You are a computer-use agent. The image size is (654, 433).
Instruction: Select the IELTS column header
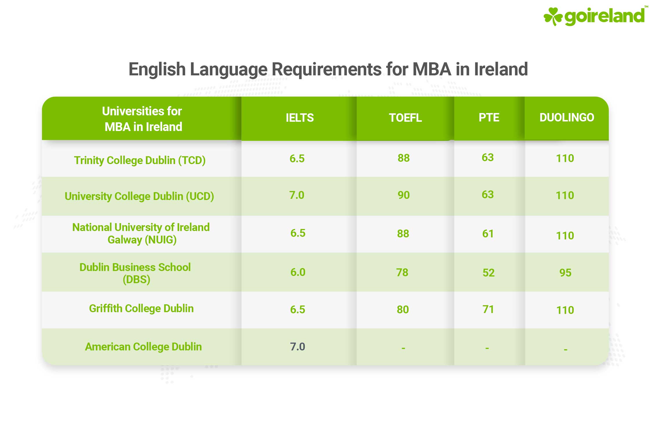(x=300, y=118)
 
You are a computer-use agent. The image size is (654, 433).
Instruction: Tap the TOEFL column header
(x=405, y=118)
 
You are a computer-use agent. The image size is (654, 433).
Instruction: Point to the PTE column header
(x=489, y=117)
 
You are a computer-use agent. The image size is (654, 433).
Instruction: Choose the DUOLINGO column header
(x=566, y=117)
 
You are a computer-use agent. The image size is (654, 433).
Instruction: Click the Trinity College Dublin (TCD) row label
(x=140, y=160)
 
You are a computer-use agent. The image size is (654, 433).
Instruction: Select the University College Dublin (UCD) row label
(x=139, y=196)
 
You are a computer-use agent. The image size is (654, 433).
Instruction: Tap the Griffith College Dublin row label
(x=141, y=308)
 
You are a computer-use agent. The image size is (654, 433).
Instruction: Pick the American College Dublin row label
(x=143, y=347)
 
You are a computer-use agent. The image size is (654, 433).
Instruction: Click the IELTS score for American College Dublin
(x=298, y=347)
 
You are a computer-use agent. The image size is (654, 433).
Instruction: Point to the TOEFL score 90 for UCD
(x=403, y=195)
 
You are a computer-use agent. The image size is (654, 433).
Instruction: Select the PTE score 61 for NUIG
(x=488, y=234)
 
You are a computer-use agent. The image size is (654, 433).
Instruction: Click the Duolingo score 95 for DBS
(x=565, y=273)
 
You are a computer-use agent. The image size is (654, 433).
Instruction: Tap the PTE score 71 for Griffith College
(x=488, y=309)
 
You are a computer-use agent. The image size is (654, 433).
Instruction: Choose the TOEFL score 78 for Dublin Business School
(x=402, y=272)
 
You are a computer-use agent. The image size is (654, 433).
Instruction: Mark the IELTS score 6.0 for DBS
(x=298, y=272)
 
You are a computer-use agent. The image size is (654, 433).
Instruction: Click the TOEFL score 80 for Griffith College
(x=403, y=310)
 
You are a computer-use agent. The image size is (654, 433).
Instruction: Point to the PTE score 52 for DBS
(x=488, y=273)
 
